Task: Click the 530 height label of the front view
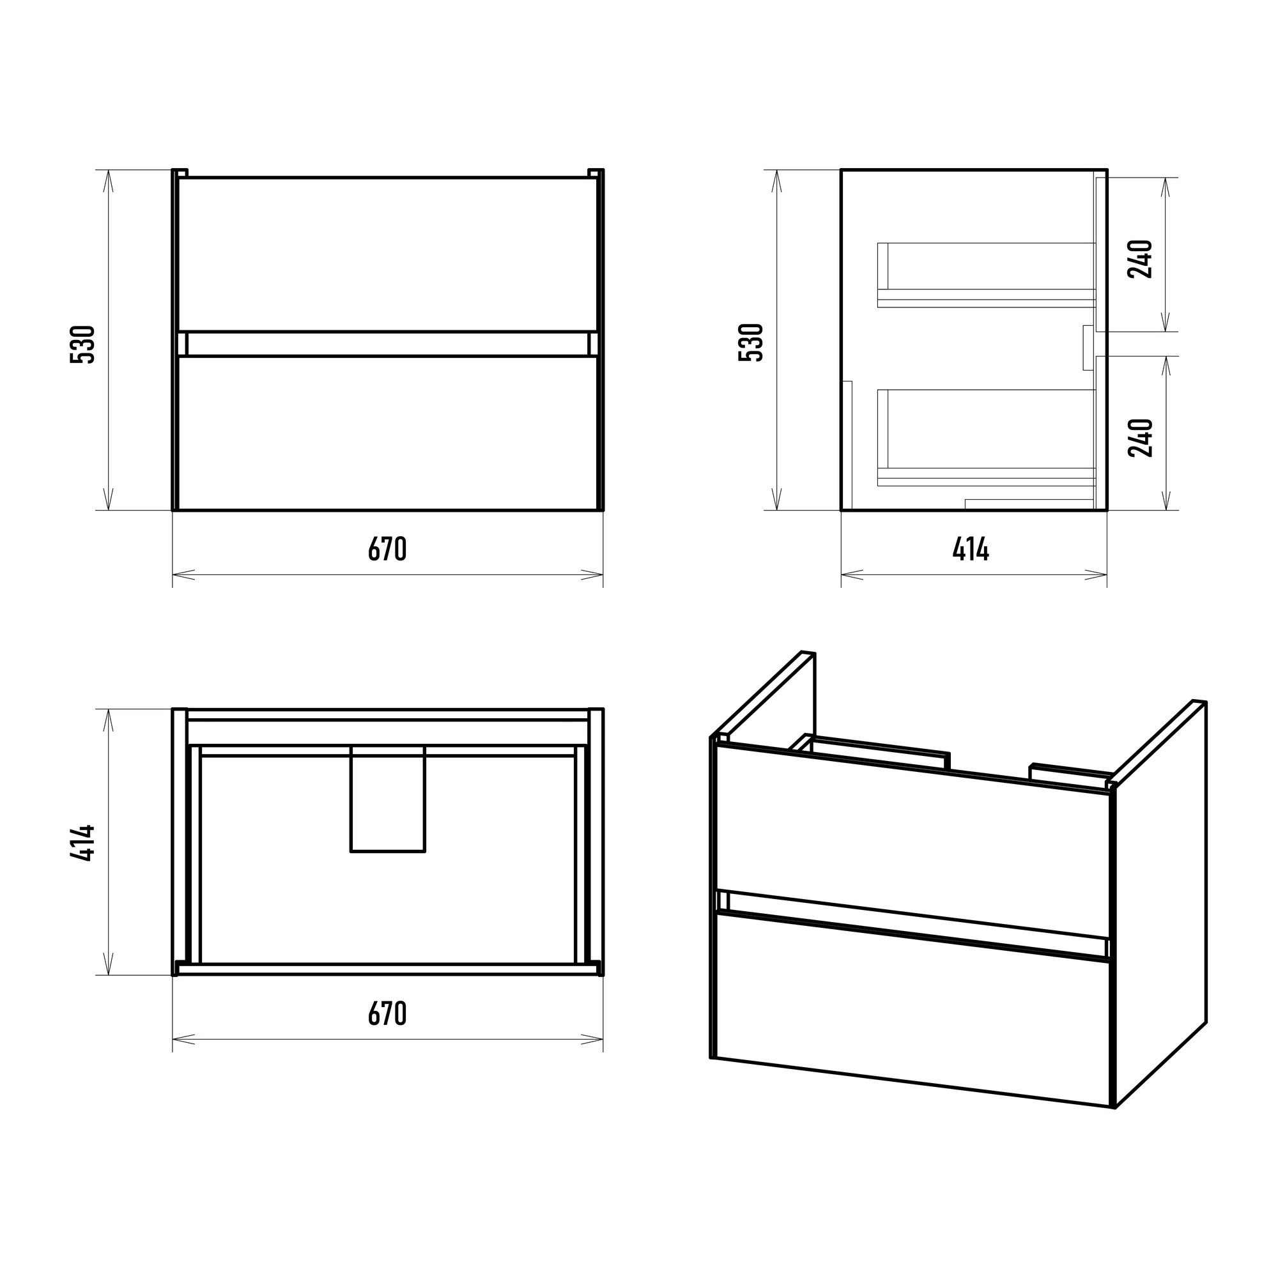click(x=82, y=344)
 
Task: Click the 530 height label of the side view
click(x=751, y=342)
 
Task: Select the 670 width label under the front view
click(x=387, y=548)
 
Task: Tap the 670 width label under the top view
click(x=387, y=1013)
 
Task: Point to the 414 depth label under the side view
click(x=971, y=548)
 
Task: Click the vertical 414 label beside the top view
click(x=82, y=842)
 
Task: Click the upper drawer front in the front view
click(x=388, y=254)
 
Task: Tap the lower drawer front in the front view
click(x=388, y=433)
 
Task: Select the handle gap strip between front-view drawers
click(x=388, y=344)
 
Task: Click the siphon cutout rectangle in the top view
click(x=388, y=798)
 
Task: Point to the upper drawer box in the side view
click(x=986, y=275)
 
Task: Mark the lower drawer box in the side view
click(x=986, y=438)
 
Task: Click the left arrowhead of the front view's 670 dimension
click(x=183, y=575)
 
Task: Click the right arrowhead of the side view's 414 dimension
click(x=1096, y=575)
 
